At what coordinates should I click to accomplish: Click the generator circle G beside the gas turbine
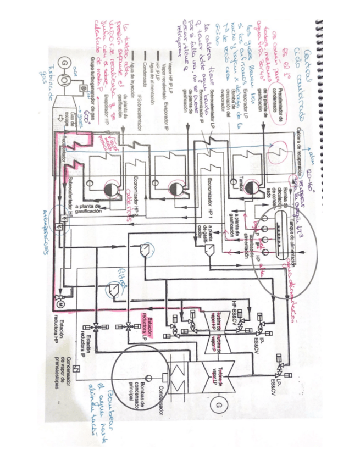coord(65,63)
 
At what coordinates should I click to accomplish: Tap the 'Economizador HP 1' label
coord(211,204)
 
